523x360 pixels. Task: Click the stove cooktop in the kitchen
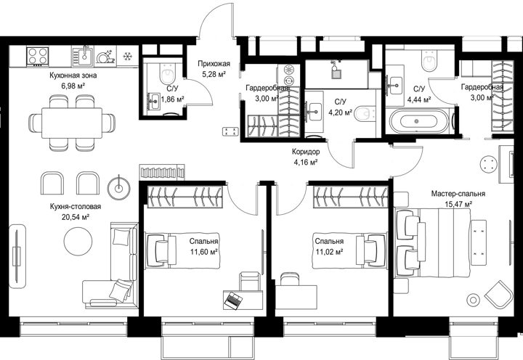[38, 56]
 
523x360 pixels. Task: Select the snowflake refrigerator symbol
[126, 57]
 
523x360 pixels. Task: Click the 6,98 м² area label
[73, 86]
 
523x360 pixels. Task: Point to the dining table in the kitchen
[72, 123]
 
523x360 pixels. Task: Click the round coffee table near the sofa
[78, 242]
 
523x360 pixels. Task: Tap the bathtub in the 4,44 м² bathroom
[418, 121]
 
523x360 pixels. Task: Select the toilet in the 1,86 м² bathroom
[167, 73]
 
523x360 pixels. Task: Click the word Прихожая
[214, 64]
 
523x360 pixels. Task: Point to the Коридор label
[306, 152]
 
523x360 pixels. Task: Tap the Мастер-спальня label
[458, 194]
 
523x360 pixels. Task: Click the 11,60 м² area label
[204, 252]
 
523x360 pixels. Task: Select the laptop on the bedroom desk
[233, 300]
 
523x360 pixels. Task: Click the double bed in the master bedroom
[440, 242]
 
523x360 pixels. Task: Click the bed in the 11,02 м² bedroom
[350, 250]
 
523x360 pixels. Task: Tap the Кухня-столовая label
[76, 207]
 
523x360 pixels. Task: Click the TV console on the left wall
[17, 256]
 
